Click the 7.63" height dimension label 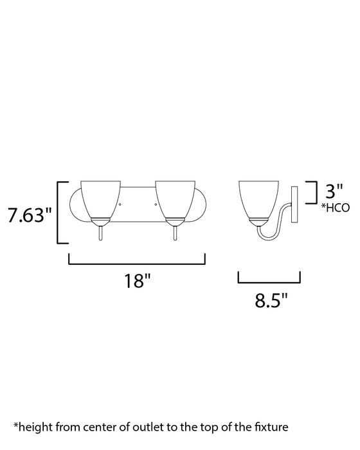click(x=30, y=215)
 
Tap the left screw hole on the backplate click(x=120, y=204)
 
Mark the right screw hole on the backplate click(x=155, y=204)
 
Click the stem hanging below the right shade click(x=174, y=233)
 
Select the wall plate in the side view click(x=296, y=204)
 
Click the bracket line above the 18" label click(x=136, y=262)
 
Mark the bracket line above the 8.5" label click(x=269, y=281)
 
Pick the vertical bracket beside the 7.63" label click(x=60, y=213)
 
